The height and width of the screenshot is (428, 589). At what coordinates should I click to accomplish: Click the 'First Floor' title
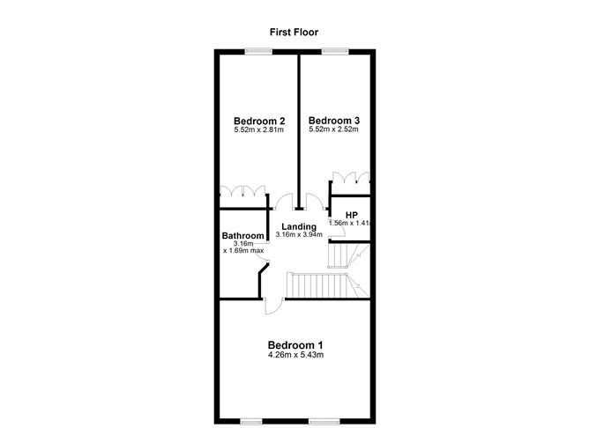tap(294, 32)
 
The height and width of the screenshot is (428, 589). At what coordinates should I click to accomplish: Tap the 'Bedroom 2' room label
tap(259, 121)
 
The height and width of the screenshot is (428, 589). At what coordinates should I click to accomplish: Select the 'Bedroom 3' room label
tap(334, 121)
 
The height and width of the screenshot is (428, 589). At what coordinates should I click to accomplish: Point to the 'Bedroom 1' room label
tap(296, 344)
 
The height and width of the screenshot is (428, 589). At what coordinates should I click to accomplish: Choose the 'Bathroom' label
tap(243, 236)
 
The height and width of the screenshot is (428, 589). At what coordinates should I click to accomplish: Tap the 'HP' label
tap(351, 215)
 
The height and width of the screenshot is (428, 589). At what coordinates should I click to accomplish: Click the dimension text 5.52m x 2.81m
tap(259, 130)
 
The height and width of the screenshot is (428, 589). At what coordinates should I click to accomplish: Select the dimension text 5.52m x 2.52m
tap(334, 130)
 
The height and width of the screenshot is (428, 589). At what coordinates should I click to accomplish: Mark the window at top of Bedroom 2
tap(259, 52)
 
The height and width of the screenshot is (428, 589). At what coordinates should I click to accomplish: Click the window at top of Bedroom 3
tap(334, 52)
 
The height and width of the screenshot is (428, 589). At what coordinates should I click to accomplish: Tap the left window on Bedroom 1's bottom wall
tap(257, 419)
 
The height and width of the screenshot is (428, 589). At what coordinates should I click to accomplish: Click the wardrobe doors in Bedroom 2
tap(243, 191)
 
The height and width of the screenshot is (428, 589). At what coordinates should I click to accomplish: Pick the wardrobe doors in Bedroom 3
tap(349, 176)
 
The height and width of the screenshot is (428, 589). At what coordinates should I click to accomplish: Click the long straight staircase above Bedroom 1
tap(319, 286)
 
